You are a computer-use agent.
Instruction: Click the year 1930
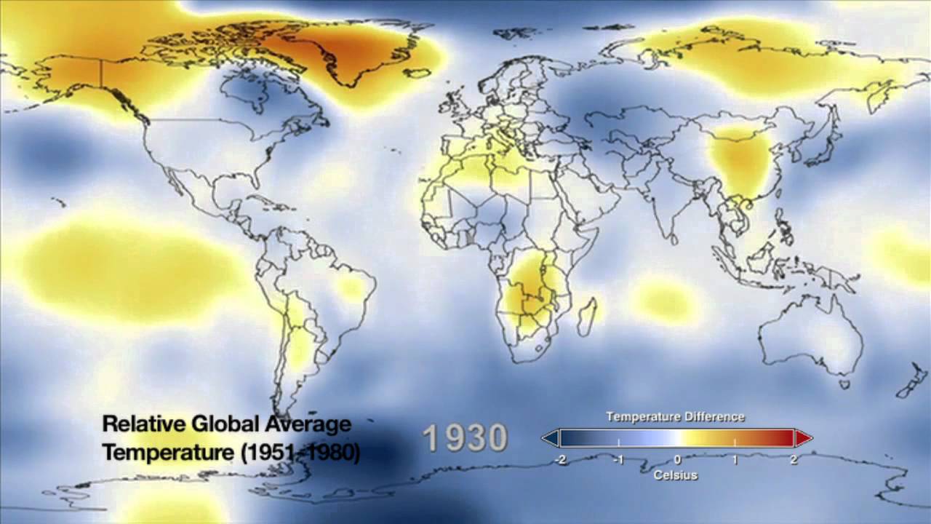(465, 438)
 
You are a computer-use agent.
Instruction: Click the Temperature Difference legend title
(676, 417)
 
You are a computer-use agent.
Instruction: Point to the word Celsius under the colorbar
(676, 475)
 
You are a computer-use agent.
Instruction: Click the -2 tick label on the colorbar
(559, 460)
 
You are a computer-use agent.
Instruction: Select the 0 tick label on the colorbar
(677, 460)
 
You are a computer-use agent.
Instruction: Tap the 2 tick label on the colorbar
(794, 460)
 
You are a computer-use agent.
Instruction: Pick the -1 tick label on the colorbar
(618, 460)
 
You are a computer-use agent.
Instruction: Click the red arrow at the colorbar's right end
(804, 438)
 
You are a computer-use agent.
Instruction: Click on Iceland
(419, 73)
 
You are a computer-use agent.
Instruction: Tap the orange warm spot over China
(740, 160)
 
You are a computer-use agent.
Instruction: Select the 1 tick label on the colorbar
(735, 460)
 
